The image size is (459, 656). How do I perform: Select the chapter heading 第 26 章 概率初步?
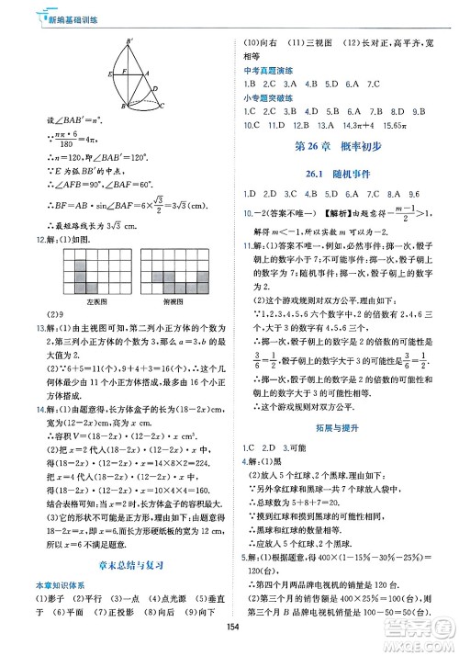coord(336,148)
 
